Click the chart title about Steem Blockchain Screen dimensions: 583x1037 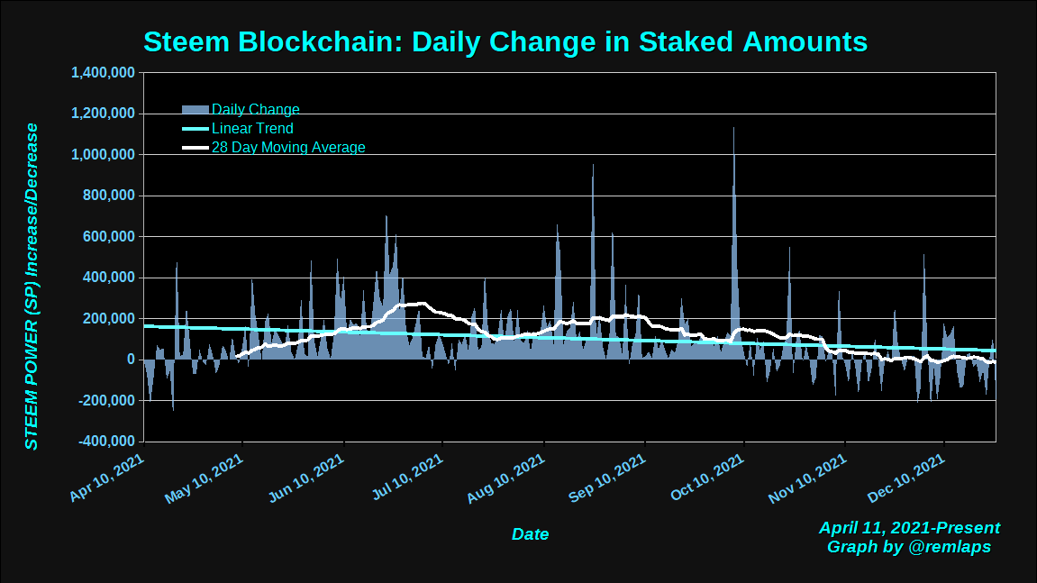(505, 41)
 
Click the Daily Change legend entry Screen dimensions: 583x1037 (255, 110)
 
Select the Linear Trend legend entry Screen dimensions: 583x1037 (252, 129)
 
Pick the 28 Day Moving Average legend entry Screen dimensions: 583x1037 (288, 148)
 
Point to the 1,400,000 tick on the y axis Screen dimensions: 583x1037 (104, 73)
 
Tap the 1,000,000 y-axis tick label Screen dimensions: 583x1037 (104, 155)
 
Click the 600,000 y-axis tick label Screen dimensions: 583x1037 (109, 237)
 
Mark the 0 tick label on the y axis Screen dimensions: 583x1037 (132, 360)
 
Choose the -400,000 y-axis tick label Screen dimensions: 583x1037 (107, 442)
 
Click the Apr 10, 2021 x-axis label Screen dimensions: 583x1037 (107, 477)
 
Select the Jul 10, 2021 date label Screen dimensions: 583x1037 (407, 477)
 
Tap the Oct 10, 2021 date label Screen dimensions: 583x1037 (708, 477)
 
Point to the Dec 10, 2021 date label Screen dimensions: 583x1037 (908, 477)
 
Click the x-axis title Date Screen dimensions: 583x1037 (530, 534)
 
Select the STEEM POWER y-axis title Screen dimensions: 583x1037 (32, 287)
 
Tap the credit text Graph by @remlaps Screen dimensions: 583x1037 (909, 547)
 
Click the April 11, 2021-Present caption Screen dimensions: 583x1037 (909, 528)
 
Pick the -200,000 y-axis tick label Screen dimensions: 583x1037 (107, 401)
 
